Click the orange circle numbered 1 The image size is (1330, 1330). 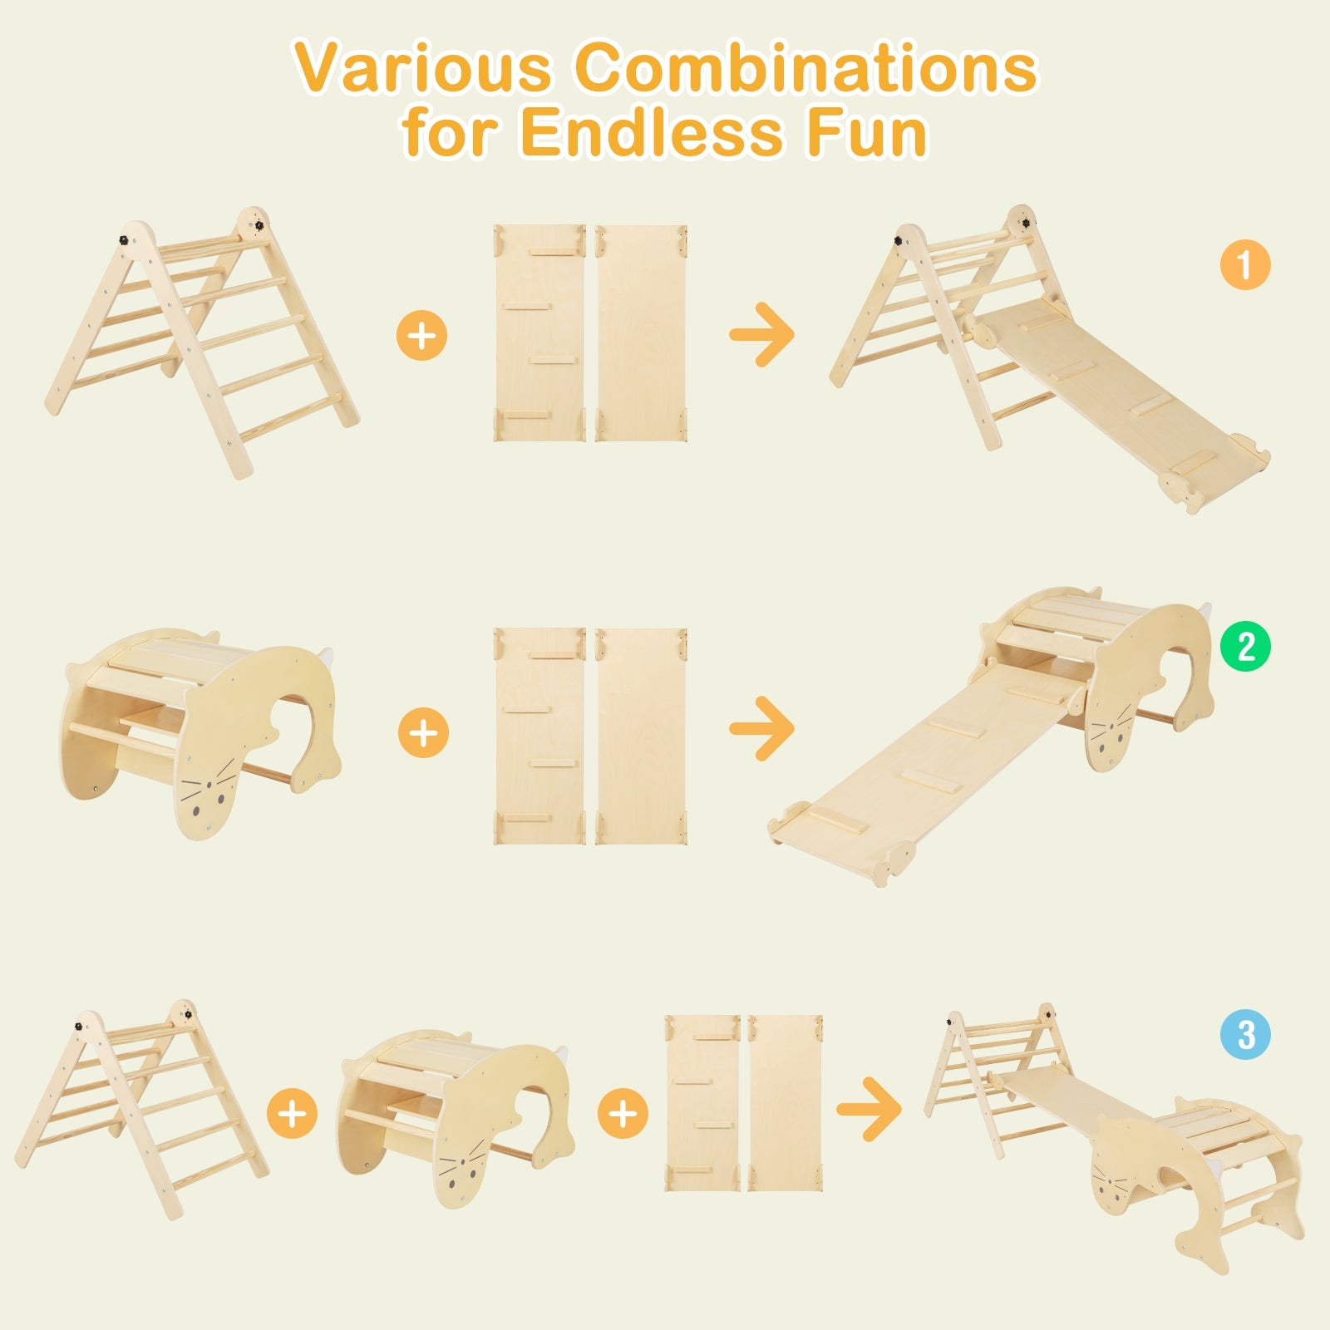[x=1245, y=266]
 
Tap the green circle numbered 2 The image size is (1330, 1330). [x=1245, y=646]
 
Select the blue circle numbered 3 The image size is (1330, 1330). [x=1245, y=1035]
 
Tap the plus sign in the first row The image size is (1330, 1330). [x=422, y=336]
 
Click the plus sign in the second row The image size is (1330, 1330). [x=423, y=732]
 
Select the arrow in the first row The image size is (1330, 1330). [x=761, y=335]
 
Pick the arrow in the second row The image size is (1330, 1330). [x=761, y=729]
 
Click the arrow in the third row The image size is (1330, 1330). [x=869, y=1109]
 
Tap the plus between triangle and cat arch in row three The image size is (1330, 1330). [x=292, y=1113]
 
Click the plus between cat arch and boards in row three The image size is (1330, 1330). [x=623, y=1113]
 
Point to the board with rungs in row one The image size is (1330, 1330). [x=539, y=332]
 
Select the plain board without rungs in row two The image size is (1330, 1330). [x=641, y=736]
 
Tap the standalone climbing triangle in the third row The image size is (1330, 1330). [x=141, y=1106]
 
